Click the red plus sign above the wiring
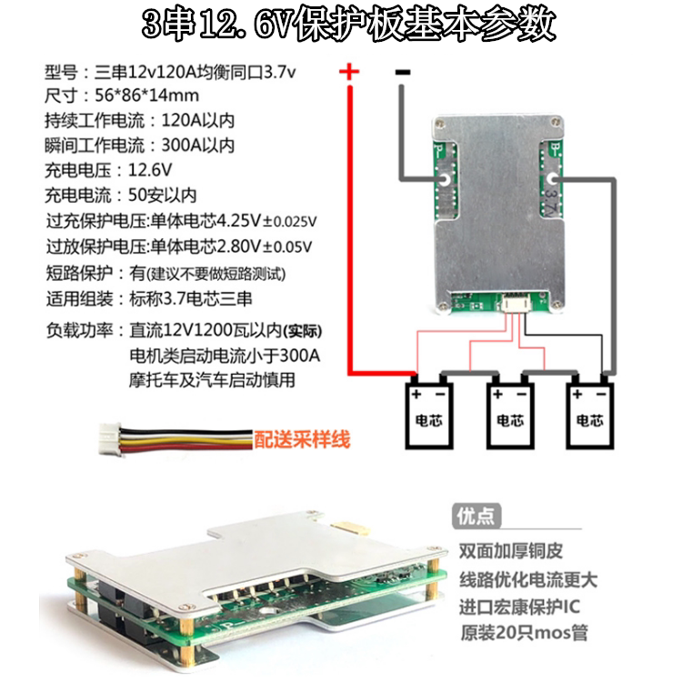349,72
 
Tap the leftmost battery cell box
428,414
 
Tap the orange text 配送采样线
302,441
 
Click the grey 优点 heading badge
475,516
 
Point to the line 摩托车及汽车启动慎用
213,380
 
